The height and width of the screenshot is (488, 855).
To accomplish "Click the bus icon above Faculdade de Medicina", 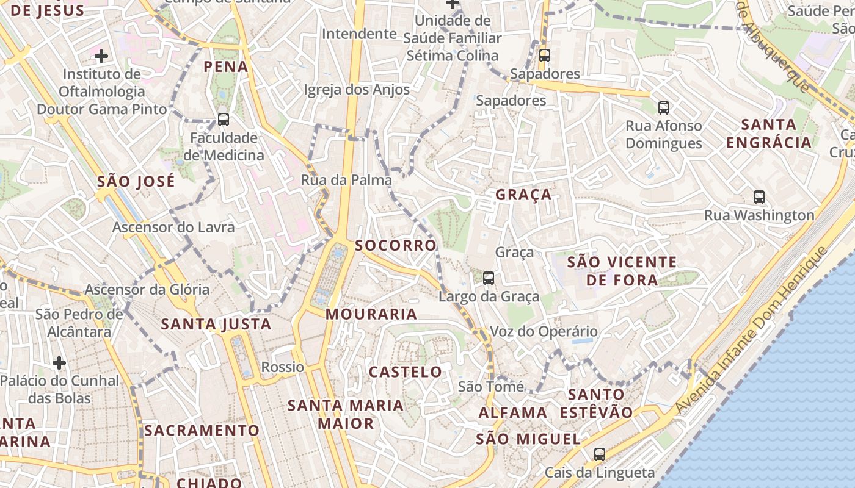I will click(224, 120).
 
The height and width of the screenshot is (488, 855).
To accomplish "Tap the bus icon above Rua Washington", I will click(759, 197).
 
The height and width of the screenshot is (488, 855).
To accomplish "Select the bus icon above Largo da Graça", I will click(489, 278).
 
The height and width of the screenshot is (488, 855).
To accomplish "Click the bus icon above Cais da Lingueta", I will click(600, 454).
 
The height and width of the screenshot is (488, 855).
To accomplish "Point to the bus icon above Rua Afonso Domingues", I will click(664, 108).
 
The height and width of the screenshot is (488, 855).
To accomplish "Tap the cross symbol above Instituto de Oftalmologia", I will click(101, 57).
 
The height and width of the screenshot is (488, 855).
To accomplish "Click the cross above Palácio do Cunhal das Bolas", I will click(59, 364).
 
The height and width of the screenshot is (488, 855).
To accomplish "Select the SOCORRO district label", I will click(396, 245).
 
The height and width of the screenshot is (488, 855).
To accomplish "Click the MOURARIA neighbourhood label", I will click(371, 314).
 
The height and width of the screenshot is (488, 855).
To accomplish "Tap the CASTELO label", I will click(406, 371).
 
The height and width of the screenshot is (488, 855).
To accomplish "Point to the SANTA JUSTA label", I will click(216, 324).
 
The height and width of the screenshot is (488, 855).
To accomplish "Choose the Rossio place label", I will click(282, 367).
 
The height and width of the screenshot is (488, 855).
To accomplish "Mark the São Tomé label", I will click(491, 387).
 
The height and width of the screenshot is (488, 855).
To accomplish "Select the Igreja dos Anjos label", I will click(357, 90).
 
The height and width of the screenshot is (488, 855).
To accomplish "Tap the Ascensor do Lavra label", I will click(173, 228).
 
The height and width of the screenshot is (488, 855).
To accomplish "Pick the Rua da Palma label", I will click(346, 180).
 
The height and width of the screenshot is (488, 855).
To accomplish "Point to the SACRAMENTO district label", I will click(202, 431).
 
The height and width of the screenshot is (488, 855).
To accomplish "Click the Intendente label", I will click(359, 34).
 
